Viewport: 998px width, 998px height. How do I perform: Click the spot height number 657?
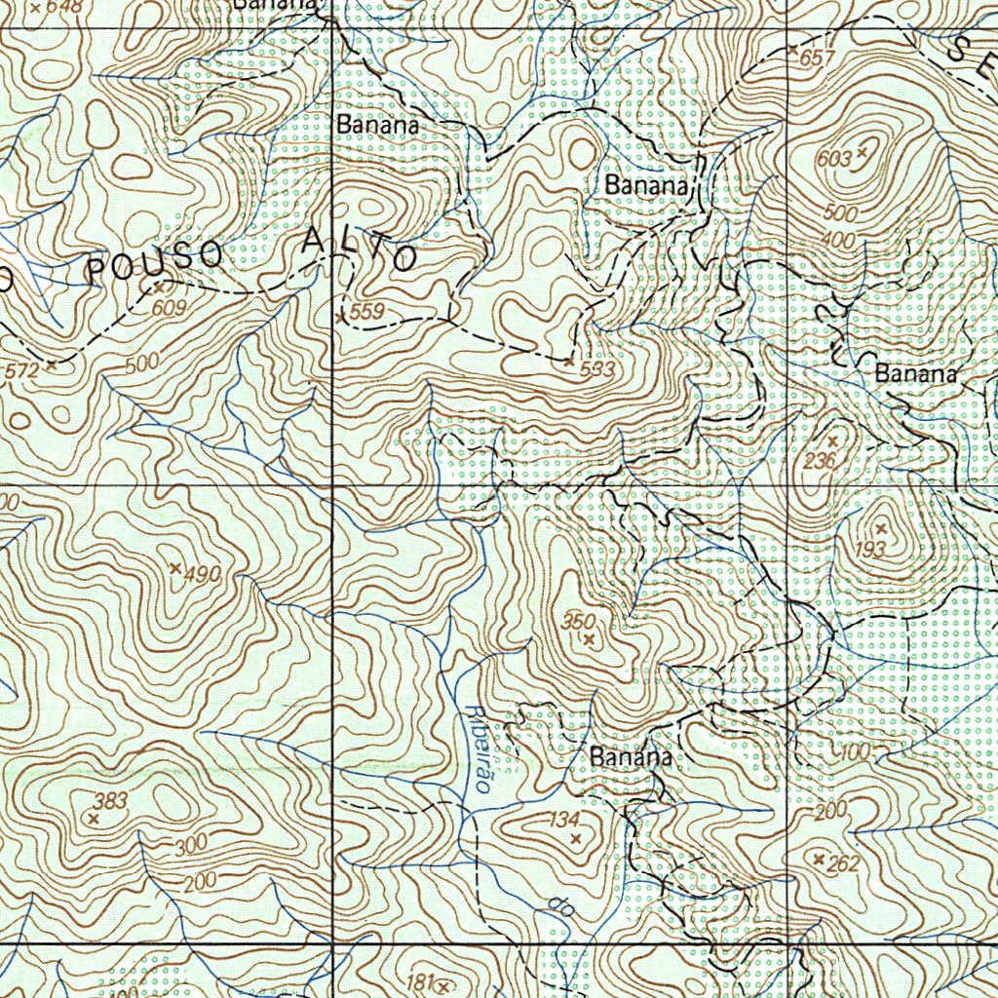point(817,58)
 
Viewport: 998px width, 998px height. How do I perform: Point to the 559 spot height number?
point(368,312)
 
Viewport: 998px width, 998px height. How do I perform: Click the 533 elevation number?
point(597,369)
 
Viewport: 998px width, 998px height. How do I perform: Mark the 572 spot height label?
point(21,370)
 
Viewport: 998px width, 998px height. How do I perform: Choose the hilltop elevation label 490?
point(203,575)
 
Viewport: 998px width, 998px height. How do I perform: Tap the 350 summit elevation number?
point(578,621)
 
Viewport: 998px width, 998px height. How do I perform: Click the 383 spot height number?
point(111,801)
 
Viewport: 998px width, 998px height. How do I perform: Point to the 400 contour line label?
point(837,240)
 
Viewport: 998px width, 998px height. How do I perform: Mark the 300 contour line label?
point(191,847)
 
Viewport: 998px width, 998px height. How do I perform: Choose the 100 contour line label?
point(854,752)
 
